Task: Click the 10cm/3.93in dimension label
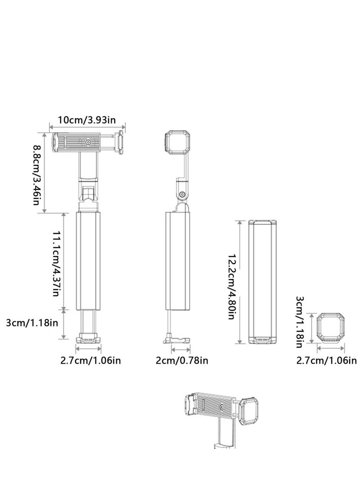click(x=87, y=120)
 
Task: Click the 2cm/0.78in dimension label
click(x=182, y=360)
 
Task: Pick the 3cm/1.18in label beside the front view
click(x=32, y=323)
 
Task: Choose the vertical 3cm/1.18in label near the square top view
click(x=300, y=322)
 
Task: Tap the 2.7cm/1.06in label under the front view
click(x=90, y=360)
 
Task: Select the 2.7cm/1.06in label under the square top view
click(x=326, y=360)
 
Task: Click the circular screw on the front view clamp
click(x=88, y=143)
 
